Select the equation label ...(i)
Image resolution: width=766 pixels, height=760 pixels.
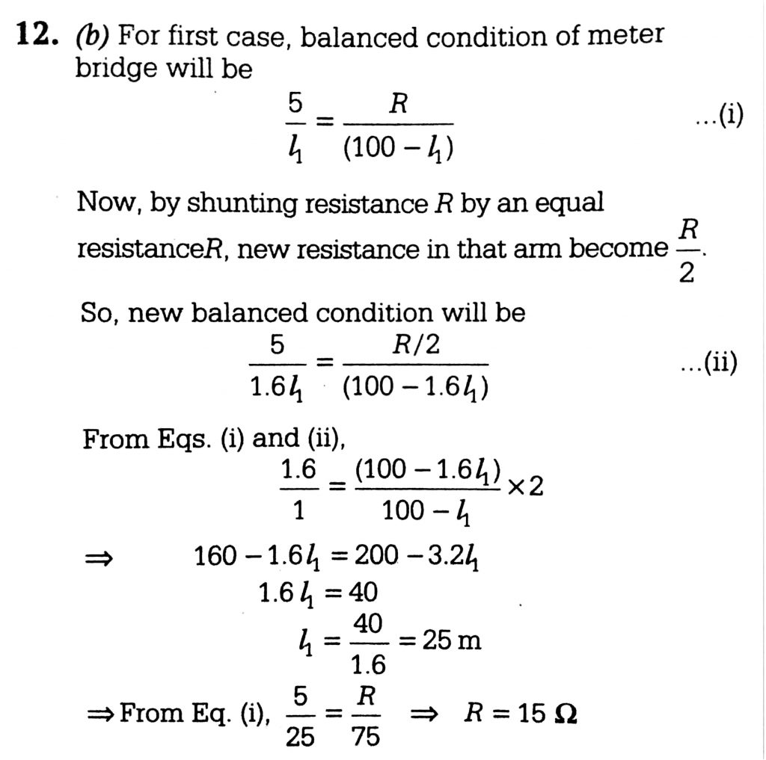click(x=719, y=117)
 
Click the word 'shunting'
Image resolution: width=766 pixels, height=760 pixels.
click(x=240, y=205)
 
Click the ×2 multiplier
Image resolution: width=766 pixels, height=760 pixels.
click(x=525, y=487)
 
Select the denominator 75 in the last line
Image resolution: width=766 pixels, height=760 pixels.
click(x=366, y=737)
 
